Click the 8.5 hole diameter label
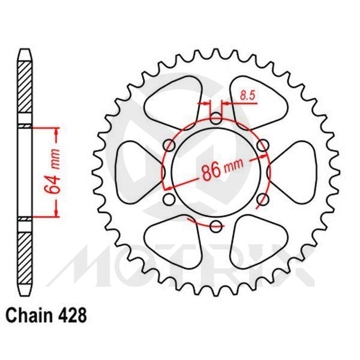tap(246, 94)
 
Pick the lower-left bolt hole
tap(169, 199)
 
